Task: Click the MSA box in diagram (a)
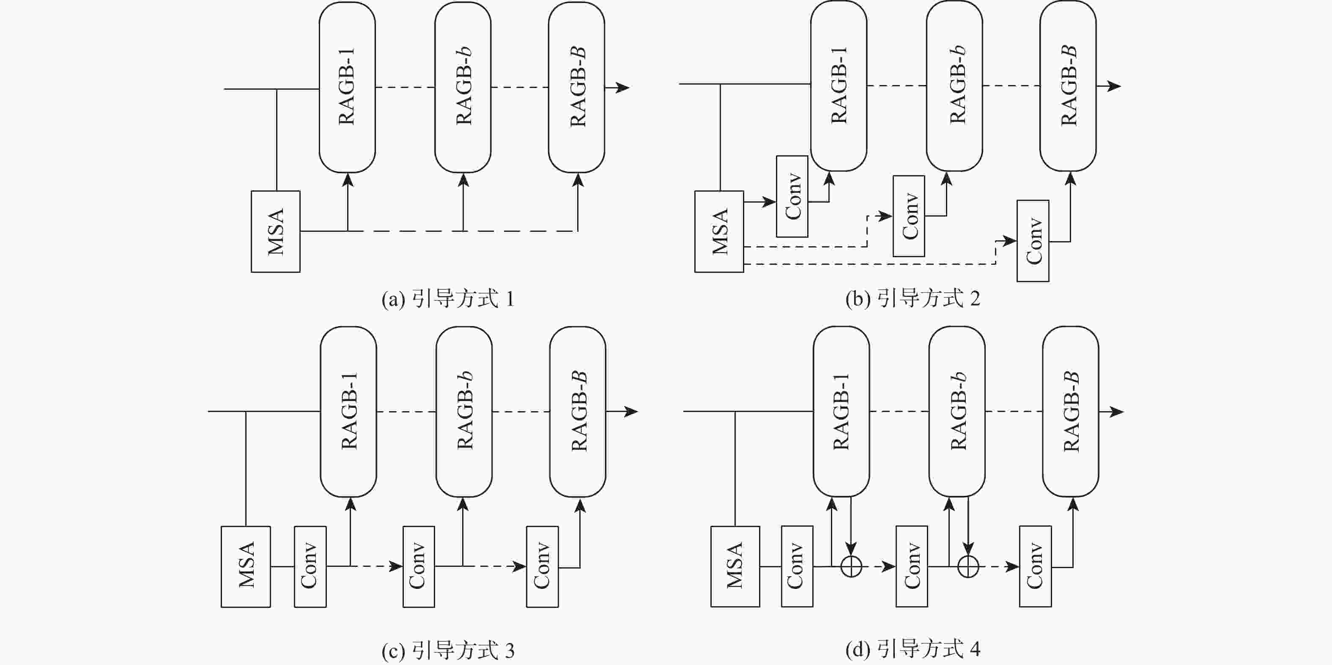point(276,232)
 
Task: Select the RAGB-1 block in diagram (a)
point(347,87)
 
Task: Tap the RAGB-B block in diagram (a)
point(576,87)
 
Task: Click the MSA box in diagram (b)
point(719,232)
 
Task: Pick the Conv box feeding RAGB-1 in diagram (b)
point(792,197)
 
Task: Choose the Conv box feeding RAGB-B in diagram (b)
point(1033,241)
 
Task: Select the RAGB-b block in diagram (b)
point(954,86)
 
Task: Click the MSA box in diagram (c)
point(246,566)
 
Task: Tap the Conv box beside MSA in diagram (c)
point(310,566)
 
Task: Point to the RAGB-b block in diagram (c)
point(464,411)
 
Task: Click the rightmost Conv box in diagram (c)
point(542,566)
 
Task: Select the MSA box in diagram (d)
point(735,566)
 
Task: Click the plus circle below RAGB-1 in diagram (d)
point(851,567)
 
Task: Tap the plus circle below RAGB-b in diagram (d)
point(968,567)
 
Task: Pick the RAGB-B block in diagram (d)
point(1070,411)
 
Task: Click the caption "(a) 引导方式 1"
point(448,300)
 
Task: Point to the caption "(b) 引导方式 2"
point(913,299)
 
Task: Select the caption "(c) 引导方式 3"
point(448,651)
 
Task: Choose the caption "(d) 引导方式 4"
point(913,649)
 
